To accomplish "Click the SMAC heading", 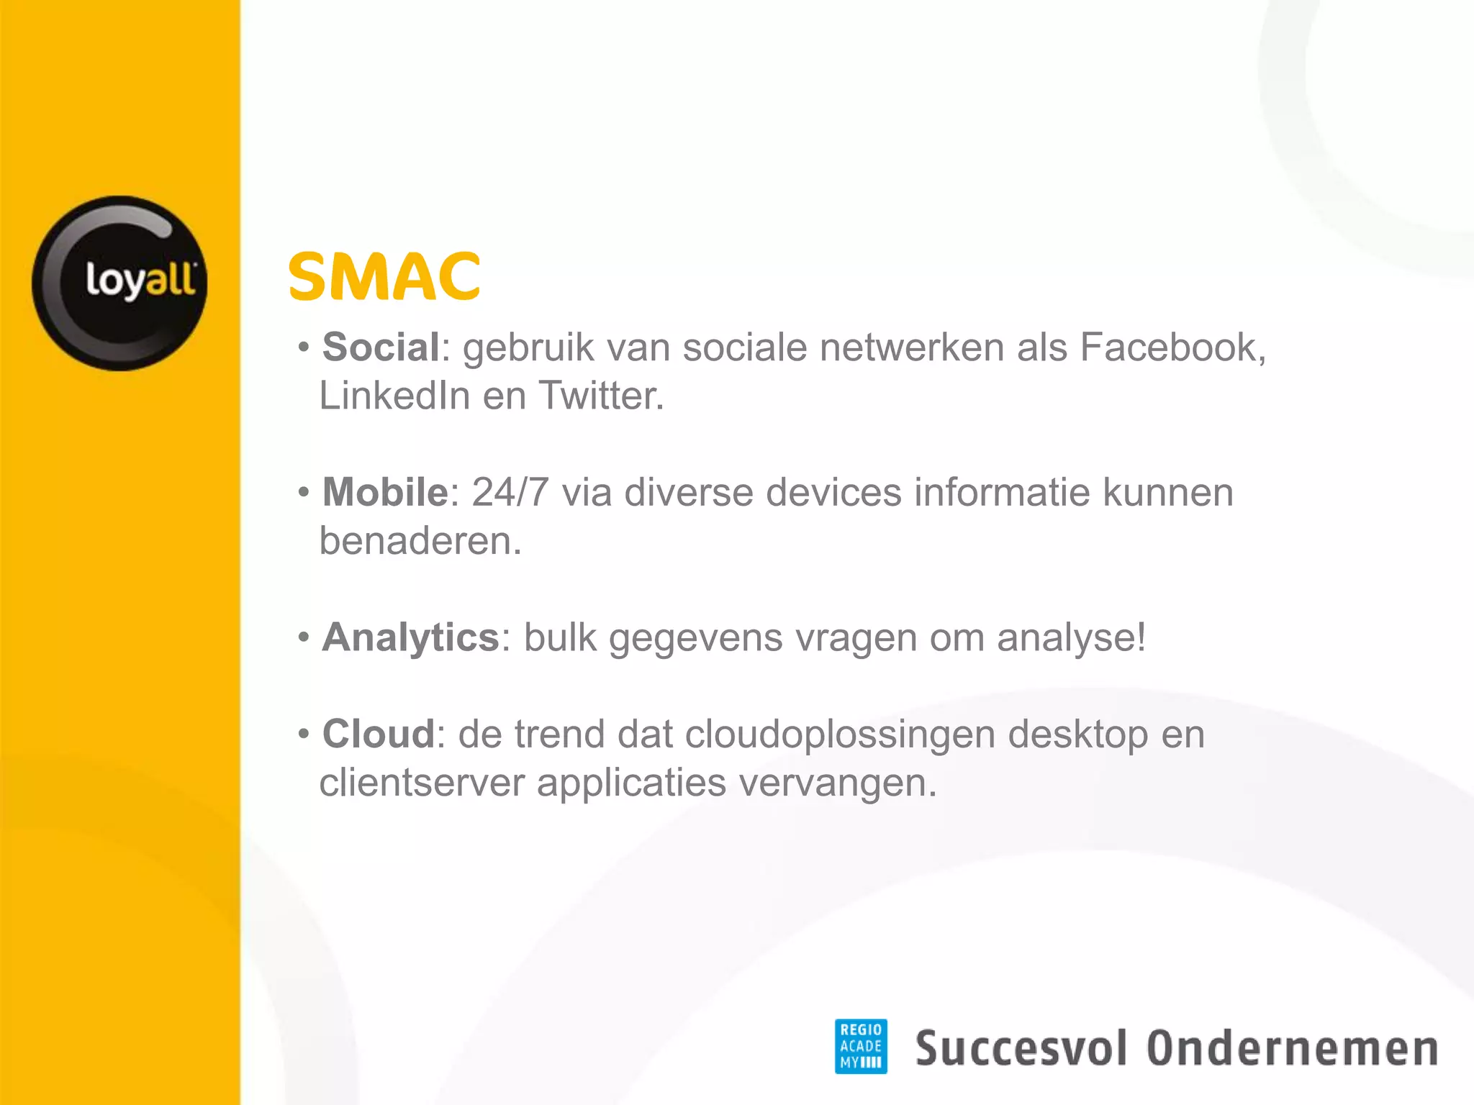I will pyautogui.click(x=384, y=277).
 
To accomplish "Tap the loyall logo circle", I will pyautogui.click(x=119, y=283).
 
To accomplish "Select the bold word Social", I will pyautogui.click(x=381, y=347).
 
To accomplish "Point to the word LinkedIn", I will pyautogui.click(x=394, y=396).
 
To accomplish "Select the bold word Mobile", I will pyautogui.click(x=385, y=493).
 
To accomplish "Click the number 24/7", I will pyautogui.click(x=510, y=493).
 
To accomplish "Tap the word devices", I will pyautogui.click(x=833, y=493).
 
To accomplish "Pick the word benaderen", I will pyautogui.click(x=420, y=541).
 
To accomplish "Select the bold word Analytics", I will pyautogui.click(x=410, y=638).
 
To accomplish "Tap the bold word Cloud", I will pyautogui.click(x=379, y=735).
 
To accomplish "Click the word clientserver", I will pyautogui.click(x=422, y=783).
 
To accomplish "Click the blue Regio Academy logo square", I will pyautogui.click(x=860, y=1046).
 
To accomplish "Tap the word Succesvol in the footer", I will pyautogui.click(x=1020, y=1048).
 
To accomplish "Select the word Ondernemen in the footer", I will pyautogui.click(x=1292, y=1048).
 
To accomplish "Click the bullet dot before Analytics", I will pyautogui.click(x=304, y=637).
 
